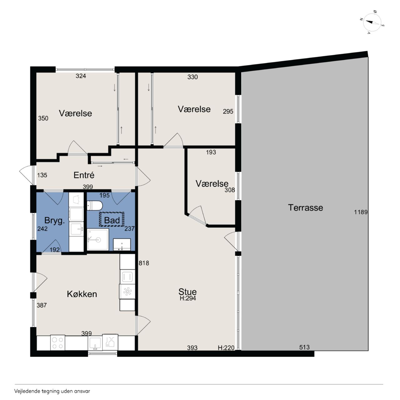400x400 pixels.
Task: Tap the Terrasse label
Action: (x=305, y=207)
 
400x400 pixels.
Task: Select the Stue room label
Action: (x=187, y=292)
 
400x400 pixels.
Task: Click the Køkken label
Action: (x=82, y=294)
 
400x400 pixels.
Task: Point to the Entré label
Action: (x=84, y=175)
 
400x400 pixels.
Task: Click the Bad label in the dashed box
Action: (x=112, y=220)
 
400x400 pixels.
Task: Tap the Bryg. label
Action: (x=54, y=220)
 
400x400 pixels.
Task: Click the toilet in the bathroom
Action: (x=95, y=206)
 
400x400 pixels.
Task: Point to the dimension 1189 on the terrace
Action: (x=361, y=212)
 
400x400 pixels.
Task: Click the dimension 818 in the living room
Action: (x=144, y=263)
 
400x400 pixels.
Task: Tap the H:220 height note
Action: (x=226, y=347)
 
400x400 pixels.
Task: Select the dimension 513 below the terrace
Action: (x=304, y=347)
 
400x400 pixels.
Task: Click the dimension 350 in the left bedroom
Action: (x=43, y=118)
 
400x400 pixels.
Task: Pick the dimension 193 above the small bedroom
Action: (x=211, y=152)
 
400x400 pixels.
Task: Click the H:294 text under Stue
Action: (x=187, y=298)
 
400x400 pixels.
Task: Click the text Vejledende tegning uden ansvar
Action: (x=52, y=391)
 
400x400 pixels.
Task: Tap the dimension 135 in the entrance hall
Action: (x=42, y=175)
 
